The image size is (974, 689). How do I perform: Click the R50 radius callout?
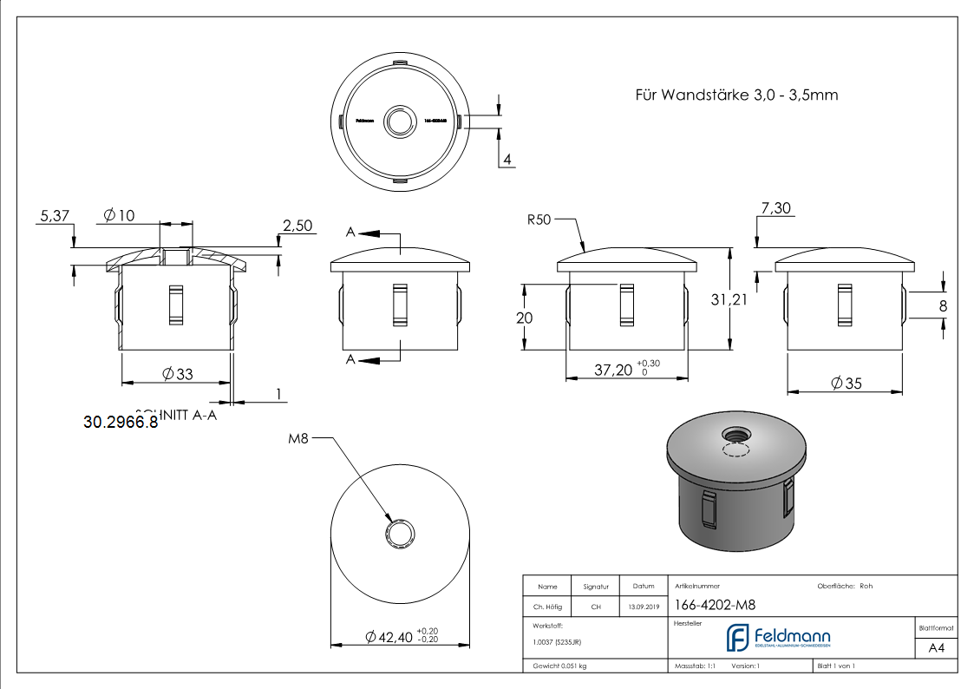(539, 220)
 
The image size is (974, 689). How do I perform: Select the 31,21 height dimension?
(729, 300)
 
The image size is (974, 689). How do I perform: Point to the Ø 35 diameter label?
(846, 383)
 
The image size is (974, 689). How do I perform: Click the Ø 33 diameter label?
(178, 374)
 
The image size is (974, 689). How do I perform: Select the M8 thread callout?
(298, 439)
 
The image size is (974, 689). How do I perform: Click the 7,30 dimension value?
(776, 208)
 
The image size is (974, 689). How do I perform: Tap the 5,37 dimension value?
(54, 216)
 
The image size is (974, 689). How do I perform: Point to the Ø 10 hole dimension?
(119, 215)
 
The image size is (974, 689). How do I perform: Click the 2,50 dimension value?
(296, 226)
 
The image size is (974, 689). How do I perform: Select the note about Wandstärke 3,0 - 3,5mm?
(736, 95)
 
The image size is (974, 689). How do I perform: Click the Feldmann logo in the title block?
(778, 638)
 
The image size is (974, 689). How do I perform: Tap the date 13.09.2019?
(643, 607)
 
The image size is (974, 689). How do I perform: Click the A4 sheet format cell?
(936, 648)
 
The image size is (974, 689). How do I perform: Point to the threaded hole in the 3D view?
(734, 432)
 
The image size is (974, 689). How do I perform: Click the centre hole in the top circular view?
(400, 121)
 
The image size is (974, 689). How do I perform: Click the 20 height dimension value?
(524, 318)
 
